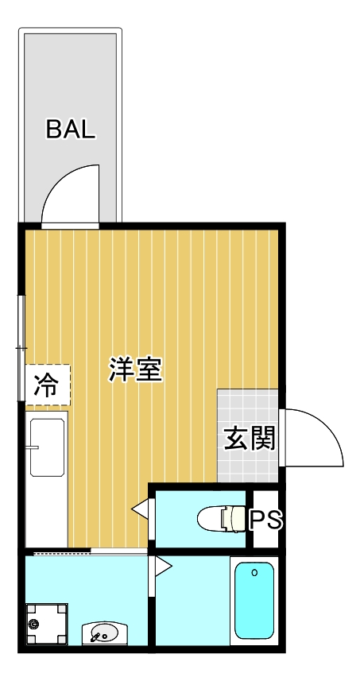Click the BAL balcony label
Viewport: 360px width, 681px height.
coord(71,130)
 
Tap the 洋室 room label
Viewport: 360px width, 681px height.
coord(136,370)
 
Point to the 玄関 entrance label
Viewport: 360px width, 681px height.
coord(249,438)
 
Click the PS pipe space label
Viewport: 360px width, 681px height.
coord(265,520)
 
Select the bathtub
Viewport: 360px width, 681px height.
coord(254,602)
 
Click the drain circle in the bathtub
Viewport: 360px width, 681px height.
coord(254,571)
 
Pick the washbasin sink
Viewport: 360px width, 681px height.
coord(103,634)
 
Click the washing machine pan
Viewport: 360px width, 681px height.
coord(46,624)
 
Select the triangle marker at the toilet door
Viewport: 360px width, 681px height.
coord(139,509)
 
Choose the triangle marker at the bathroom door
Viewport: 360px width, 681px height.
coord(164,566)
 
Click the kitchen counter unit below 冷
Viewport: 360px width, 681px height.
coord(47,477)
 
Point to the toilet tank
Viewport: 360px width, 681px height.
coord(237,519)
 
